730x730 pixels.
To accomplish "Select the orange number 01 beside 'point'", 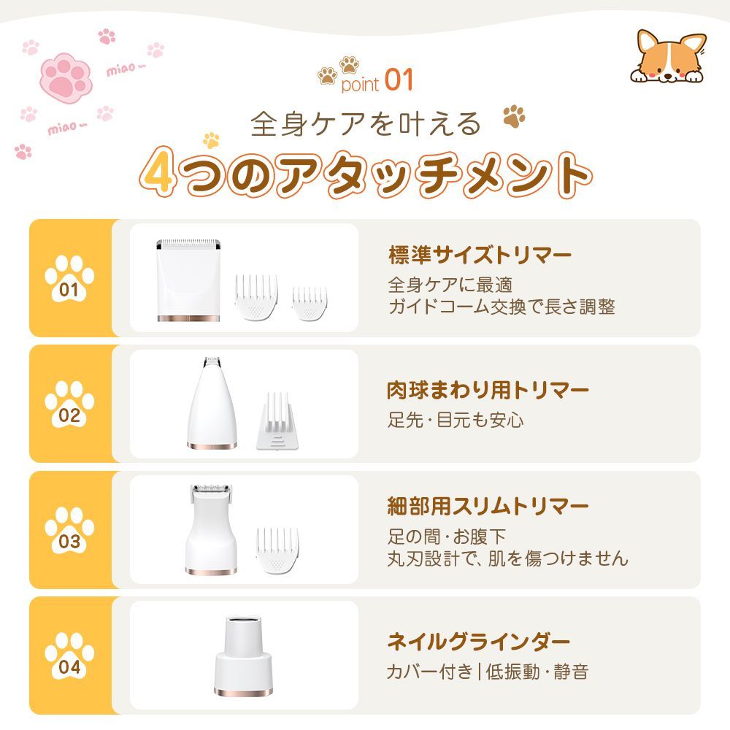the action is pyautogui.click(x=399, y=80).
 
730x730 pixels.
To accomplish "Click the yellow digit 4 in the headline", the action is pyautogui.click(x=158, y=172).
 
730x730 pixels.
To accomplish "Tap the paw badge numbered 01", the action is pyautogui.click(x=69, y=278).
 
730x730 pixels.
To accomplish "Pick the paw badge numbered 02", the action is pyautogui.click(x=69, y=404).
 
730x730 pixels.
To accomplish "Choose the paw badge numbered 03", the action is pyautogui.click(x=69, y=530).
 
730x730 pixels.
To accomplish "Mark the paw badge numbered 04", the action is pyautogui.click(x=69, y=656).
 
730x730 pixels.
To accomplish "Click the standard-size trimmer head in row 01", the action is pyautogui.click(x=188, y=280).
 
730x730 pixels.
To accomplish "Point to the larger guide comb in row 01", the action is pyautogui.click(x=256, y=297).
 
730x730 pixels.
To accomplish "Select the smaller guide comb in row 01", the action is pyautogui.click(x=310, y=303).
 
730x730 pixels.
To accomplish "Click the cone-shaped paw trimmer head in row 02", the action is pyautogui.click(x=212, y=403).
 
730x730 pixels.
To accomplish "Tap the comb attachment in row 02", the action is pyautogui.click(x=277, y=421).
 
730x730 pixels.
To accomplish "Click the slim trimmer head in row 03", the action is pyautogui.click(x=212, y=529).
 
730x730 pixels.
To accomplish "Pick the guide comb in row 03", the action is pyautogui.click(x=277, y=550).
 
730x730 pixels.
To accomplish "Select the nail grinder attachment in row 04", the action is pyautogui.click(x=244, y=656).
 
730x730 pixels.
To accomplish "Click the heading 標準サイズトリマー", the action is pyautogui.click(x=480, y=255).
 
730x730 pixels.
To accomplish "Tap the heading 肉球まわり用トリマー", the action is pyautogui.click(x=488, y=390).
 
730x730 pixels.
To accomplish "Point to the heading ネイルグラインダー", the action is pyautogui.click(x=479, y=642).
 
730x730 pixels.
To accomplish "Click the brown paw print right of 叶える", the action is pyautogui.click(x=514, y=116).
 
